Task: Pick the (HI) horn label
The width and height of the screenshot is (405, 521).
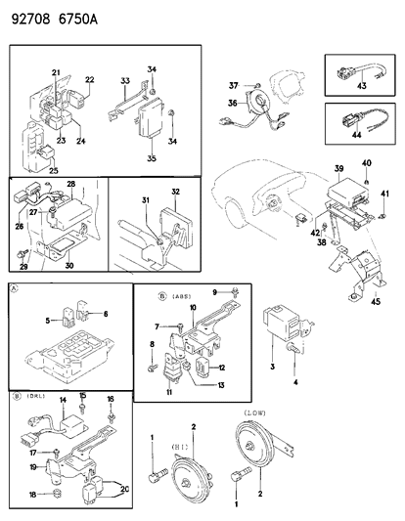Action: click(179, 444)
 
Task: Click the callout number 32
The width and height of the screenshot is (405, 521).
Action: click(176, 192)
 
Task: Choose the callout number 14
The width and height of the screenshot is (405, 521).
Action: click(62, 401)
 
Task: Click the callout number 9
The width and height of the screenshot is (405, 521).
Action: click(214, 292)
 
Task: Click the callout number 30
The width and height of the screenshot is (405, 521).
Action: click(67, 264)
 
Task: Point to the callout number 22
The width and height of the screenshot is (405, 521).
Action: click(89, 80)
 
